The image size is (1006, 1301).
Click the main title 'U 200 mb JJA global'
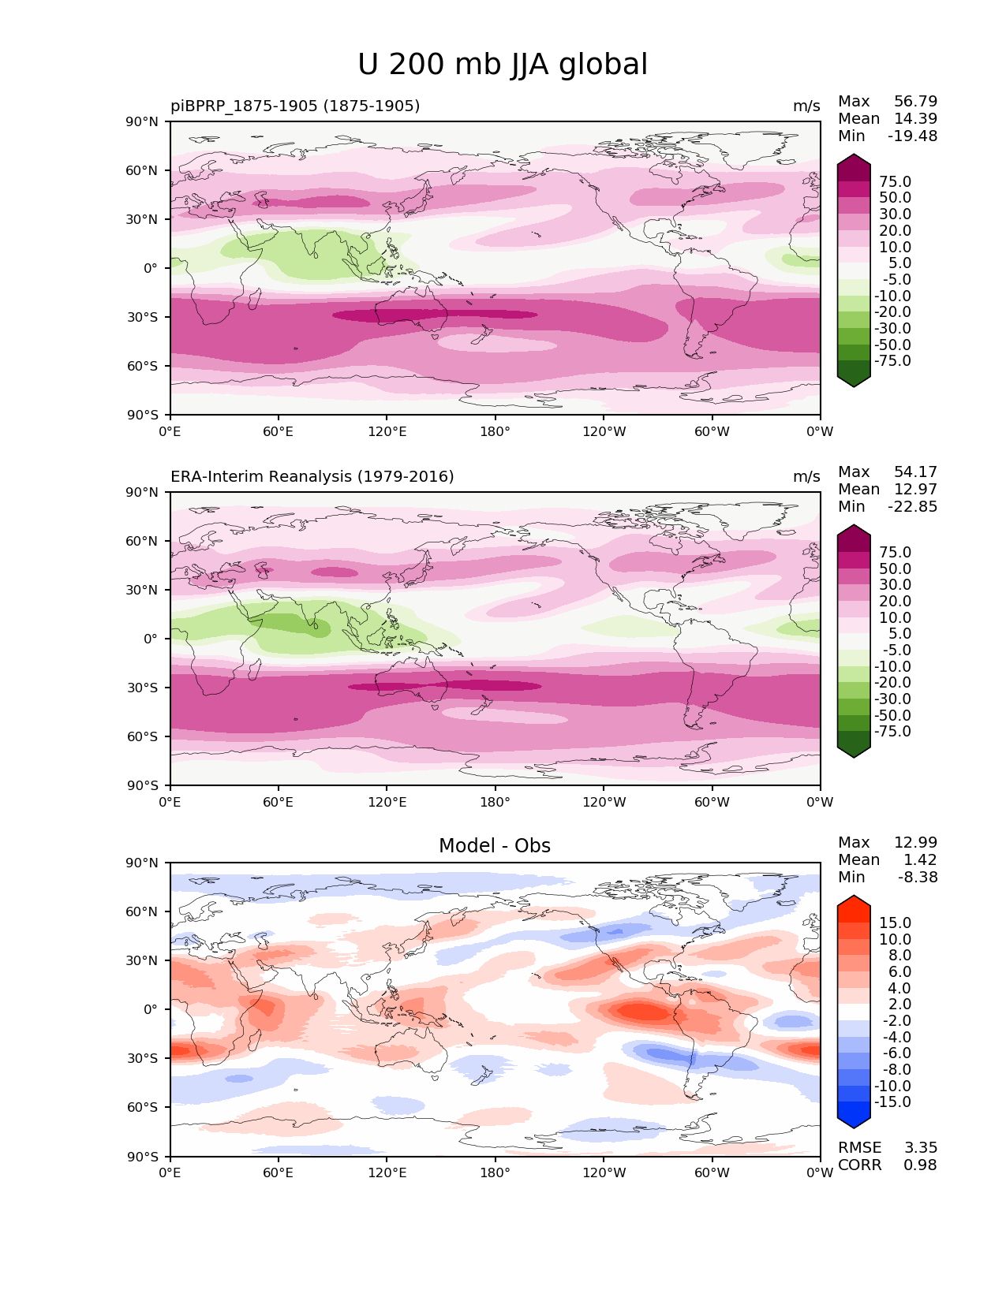coord(502,64)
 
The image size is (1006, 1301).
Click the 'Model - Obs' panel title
coord(494,845)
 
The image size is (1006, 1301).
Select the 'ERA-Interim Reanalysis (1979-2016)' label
coord(312,476)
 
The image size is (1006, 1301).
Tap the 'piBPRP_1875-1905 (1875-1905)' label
coord(295,106)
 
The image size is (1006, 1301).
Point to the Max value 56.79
coord(915,101)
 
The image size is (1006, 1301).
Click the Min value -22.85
coord(913,506)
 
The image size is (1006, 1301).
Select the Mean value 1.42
coord(920,859)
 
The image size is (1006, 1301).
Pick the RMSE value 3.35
coord(920,1147)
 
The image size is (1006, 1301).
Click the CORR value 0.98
coord(920,1165)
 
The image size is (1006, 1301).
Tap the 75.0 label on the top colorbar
coord(896,181)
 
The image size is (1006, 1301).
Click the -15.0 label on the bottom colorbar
coord(892,1102)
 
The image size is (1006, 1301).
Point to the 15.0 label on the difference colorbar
coord(896,923)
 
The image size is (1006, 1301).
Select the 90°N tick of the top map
coord(142,121)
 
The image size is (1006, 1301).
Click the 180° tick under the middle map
coord(495,802)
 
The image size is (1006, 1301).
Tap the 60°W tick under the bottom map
coord(712,1173)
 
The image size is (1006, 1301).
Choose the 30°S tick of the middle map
coord(143,688)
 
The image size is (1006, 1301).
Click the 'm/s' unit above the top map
coord(806,106)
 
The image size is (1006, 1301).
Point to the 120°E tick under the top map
coord(387,431)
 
